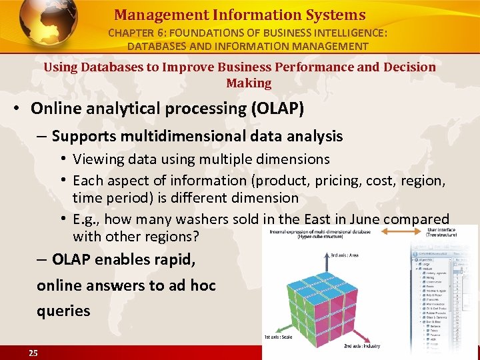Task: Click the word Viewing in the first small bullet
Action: click(x=97, y=159)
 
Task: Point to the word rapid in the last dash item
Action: click(x=176, y=259)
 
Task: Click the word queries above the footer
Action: click(x=63, y=310)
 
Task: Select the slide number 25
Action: click(x=33, y=353)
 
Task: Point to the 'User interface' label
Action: click(x=441, y=229)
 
